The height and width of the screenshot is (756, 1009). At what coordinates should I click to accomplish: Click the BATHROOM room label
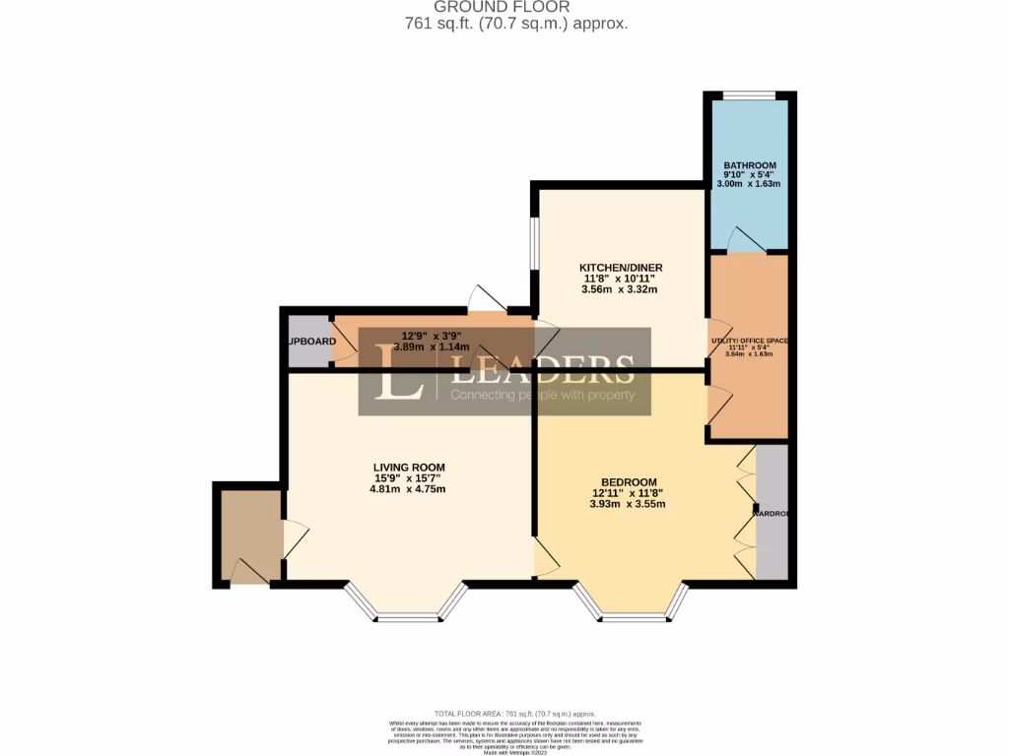click(x=750, y=165)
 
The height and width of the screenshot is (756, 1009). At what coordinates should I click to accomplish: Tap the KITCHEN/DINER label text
click(x=621, y=267)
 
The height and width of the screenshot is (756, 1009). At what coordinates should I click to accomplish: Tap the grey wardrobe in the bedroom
click(x=772, y=513)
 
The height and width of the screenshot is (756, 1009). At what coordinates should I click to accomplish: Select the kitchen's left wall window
click(x=535, y=242)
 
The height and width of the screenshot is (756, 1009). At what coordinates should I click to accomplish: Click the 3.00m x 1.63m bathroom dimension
click(x=750, y=184)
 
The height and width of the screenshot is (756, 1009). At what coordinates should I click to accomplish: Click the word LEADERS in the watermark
click(x=543, y=369)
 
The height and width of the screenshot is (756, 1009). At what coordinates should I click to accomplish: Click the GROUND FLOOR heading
click(x=502, y=7)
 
